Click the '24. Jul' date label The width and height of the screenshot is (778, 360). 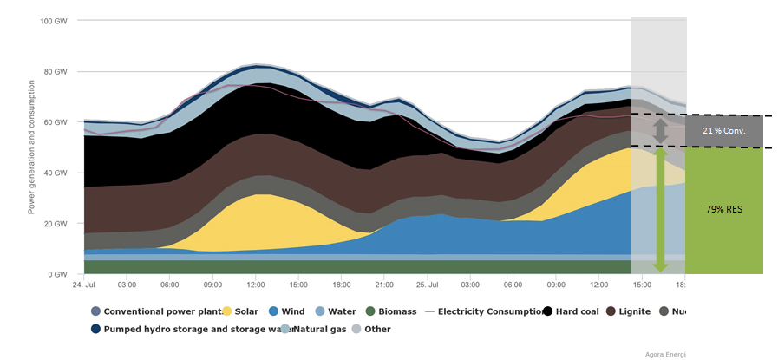pos(83,285)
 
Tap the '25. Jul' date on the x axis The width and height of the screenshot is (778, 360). pos(425,285)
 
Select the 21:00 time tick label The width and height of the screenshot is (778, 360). pos(383,285)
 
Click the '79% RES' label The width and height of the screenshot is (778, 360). pos(724,209)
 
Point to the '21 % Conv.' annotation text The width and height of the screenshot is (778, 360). pos(722,131)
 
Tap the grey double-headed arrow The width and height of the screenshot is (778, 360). pos(660,131)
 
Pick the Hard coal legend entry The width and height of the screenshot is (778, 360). pos(573,311)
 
